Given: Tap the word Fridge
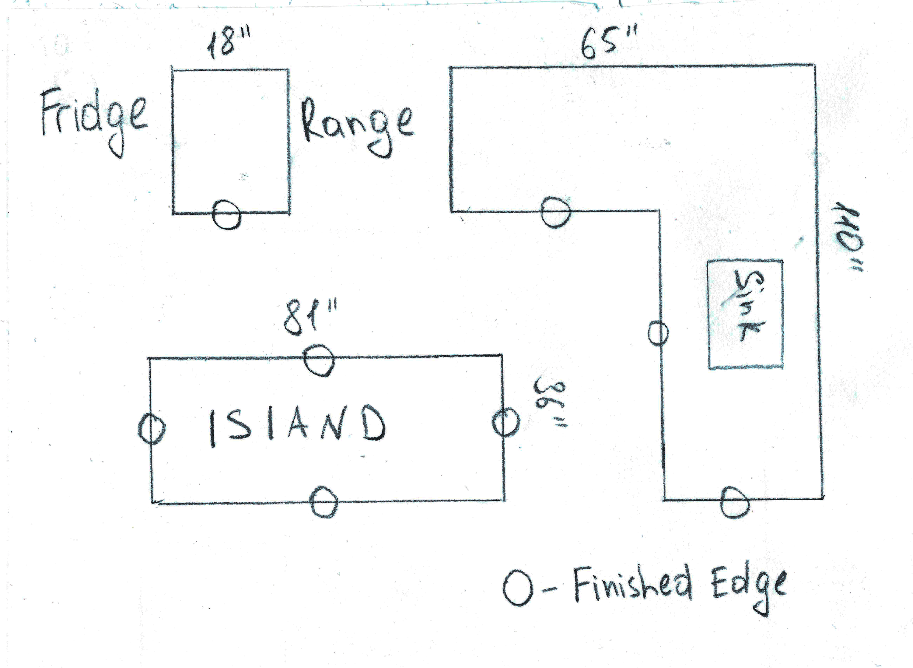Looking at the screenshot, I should tap(94, 117).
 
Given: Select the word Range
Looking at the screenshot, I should tap(357, 125).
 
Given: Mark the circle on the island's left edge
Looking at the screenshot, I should tap(152, 429).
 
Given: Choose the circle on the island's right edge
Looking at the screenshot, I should tap(505, 422).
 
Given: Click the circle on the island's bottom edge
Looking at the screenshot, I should tap(324, 502).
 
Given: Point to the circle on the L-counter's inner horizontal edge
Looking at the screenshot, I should tap(556, 212).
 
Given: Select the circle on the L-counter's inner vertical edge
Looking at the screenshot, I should tap(658, 333).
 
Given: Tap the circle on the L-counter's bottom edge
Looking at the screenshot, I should tap(735, 502).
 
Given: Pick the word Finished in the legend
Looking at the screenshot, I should tap(632, 584).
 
